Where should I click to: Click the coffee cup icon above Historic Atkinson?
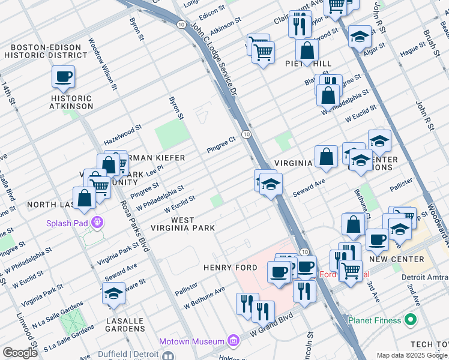point(63,77)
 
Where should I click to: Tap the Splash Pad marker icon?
point(97,223)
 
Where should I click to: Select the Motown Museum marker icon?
point(234,341)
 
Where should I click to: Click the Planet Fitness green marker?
point(411,319)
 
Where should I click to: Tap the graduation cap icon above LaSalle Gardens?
point(113,293)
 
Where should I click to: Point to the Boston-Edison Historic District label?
point(46,51)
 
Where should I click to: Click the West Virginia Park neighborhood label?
point(191,224)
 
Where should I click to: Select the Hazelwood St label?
point(122,132)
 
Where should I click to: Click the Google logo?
point(20,352)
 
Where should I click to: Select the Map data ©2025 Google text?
point(412,355)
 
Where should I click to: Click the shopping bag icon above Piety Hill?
point(307,52)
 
